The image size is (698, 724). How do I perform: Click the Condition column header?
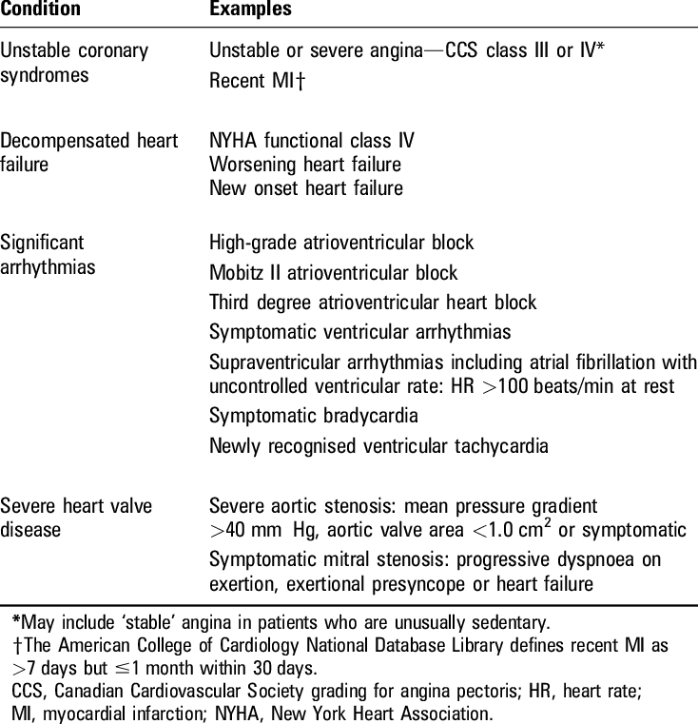pyautogui.click(x=40, y=10)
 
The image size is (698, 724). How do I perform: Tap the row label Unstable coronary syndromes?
pyautogui.click(x=74, y=62)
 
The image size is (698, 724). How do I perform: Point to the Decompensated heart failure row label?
pyautogui.click(x=88, y=152)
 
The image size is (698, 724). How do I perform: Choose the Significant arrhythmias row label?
pyautogui.click(x=48, y=254)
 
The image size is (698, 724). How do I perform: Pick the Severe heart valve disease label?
pyautogui.click(x=76, y=518)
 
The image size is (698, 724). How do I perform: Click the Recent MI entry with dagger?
pyautogui.click(x=257, y=80)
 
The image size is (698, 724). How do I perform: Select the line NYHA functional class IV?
pyautogui.click(x=311, y=141)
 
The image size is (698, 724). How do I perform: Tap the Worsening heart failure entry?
pyautogui.click(x=305, y=165)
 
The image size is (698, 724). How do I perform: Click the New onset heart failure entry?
pyautogui.click(x=305, y=187)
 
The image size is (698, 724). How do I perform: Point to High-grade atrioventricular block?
pyautogui.click(x=340, y=244)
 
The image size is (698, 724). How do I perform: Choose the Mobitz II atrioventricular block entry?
pyautogui.click(x=333, y=273)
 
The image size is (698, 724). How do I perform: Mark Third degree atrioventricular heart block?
pyautogui.click(x=372, y=303)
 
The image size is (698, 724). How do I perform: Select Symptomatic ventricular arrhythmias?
pyautogui.click(x=359, y=332)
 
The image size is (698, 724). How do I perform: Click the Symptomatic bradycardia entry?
pyautogui.click(x=314, y=416)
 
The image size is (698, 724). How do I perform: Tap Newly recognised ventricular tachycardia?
pyautogui.click(x=378, y=445)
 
